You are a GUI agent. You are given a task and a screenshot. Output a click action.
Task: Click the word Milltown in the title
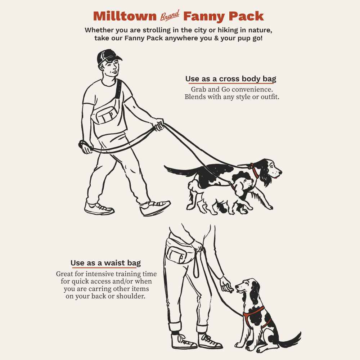coord(125,16)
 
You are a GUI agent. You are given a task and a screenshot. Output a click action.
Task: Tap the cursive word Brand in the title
coord(170,15)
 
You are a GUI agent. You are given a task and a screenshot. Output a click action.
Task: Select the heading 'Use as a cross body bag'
coord(231,79)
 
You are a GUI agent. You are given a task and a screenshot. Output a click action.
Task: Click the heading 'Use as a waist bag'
coord(105,263)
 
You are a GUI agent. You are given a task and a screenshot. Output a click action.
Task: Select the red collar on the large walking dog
coord(255,170)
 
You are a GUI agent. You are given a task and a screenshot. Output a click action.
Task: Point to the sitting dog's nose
coord(237,287)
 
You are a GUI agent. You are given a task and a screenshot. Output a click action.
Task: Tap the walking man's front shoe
coord(155,207)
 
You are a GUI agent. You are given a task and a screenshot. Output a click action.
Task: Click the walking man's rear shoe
coord(99,208)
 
